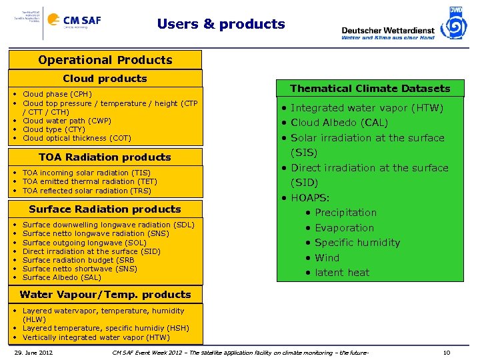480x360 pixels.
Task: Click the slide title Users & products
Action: (221, 24)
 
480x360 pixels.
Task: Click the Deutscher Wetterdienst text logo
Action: (387, 31)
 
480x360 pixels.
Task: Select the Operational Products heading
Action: (105, 60)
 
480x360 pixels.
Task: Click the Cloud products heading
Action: (105, 79)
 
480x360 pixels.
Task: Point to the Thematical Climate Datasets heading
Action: (370, 89)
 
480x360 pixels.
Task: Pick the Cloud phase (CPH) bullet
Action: (57, 95)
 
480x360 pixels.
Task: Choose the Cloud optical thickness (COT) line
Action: (77, 138)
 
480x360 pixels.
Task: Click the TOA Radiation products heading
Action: (105, 157)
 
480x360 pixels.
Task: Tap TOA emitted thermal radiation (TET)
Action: (89, 181)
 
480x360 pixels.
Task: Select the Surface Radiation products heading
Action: (105, 209)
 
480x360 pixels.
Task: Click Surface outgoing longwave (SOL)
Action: (84, 243)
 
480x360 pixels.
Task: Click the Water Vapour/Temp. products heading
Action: (105, 295)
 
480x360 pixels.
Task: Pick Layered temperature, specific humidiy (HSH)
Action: (105, 328)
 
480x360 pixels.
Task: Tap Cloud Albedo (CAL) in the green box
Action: (339, 123)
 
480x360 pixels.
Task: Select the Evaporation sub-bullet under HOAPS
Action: (344, 227)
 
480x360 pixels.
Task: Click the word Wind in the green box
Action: (327, 257)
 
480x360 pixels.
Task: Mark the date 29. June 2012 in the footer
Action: (36, 351)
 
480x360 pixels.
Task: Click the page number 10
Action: (447, 351)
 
